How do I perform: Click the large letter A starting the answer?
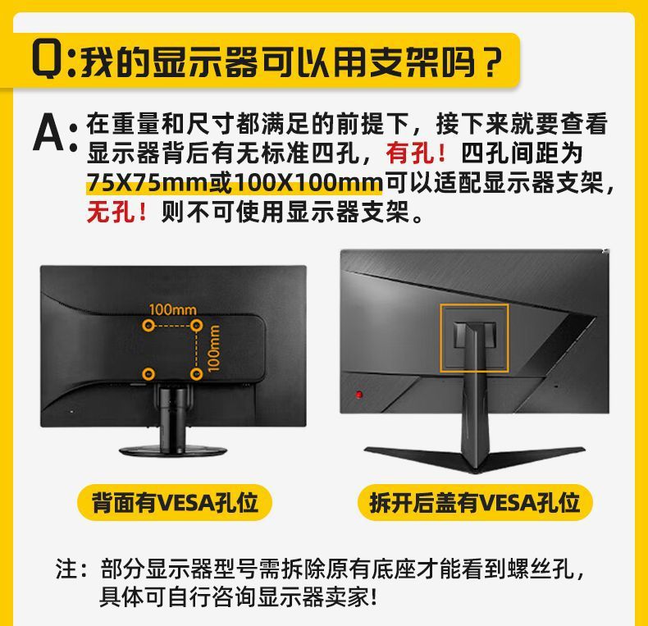tap(48, 135)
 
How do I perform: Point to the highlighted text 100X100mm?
tap(308, 182)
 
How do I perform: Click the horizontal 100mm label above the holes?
tap(172, 310)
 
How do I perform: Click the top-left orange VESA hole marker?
tap(148, 326)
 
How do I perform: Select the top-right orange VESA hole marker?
tap(196, 326)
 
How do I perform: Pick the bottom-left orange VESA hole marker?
tap(148, 374)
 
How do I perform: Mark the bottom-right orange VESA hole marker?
tap(196, 374)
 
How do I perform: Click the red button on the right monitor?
tap(358, 395)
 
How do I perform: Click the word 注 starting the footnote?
tap(67, 569)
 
